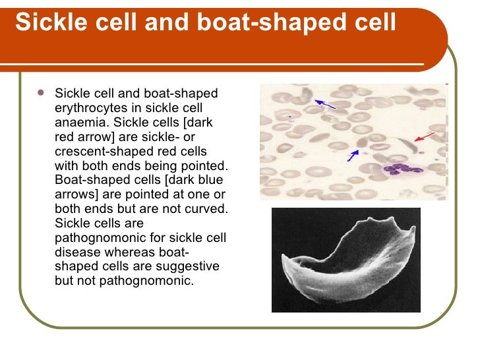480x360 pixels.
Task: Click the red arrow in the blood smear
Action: pyautogui.click(x=425, y=137)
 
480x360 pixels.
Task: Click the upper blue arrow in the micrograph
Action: pyautogui.click(x=325, y=103)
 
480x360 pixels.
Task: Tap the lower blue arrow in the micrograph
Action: pyautogui.click(x=353, y=156)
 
